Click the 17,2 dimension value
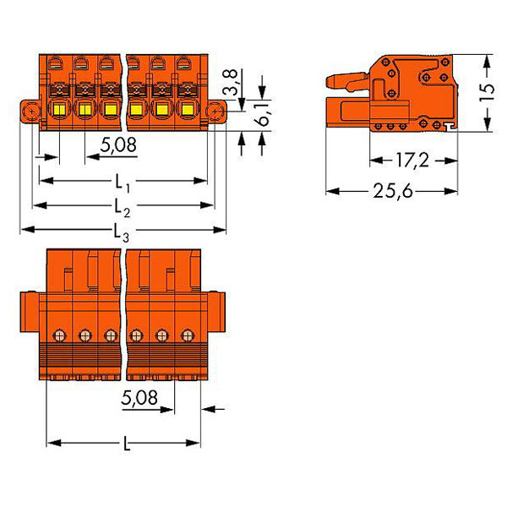[412, 161]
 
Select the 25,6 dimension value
[393, 191]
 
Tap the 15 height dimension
[487, 93]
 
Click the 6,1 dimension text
[263, 115]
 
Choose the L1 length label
[123, 183]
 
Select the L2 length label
[123, 208]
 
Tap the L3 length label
[122, 232]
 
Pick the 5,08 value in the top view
[118, 145]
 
